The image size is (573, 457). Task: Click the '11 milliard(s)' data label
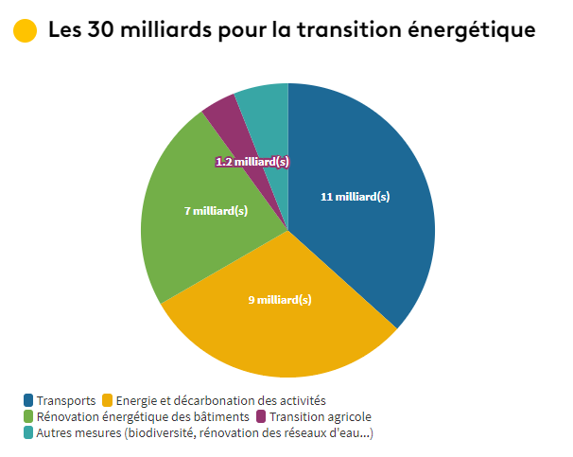[355, 197]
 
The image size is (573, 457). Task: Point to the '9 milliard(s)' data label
[280, 300]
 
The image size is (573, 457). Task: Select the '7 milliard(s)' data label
[216, 211]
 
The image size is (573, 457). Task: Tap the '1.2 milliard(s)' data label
[252, 162]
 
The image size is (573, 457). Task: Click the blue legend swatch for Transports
[28, 401]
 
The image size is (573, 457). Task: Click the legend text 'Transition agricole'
[320, 417]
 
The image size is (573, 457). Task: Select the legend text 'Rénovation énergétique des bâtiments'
[143, 417]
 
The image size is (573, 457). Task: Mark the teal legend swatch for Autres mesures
[28, 432]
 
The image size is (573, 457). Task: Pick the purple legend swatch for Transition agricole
[261, 417]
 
